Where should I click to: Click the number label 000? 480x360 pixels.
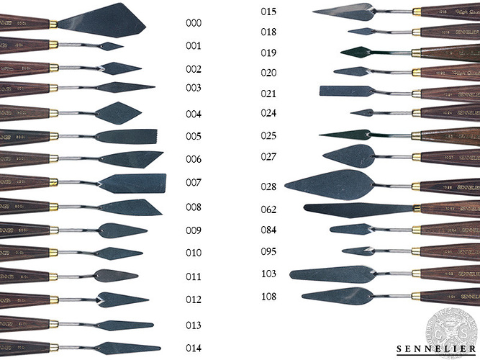[194, 23]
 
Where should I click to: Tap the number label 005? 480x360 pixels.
[194, 136]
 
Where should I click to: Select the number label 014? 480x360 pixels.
[194, 348]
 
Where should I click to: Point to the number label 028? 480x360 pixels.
[268, 186]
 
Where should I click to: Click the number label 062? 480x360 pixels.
[268, 210]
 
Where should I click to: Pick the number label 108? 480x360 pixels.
[268, 297]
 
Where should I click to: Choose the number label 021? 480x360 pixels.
[268, 94]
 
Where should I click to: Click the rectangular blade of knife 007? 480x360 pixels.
[137, 183]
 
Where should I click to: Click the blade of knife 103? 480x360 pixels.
[331, 274]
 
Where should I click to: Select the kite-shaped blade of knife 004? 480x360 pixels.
[117, 112]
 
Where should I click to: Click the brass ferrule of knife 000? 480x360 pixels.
[53, 24]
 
